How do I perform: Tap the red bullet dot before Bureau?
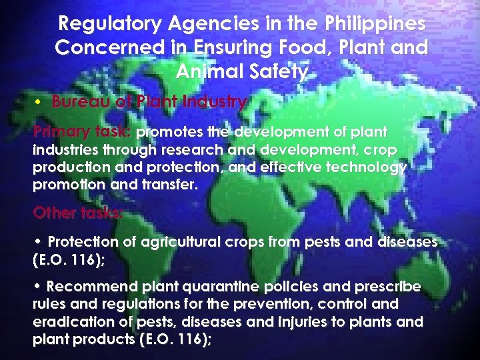click(40, 103)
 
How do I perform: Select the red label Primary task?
click(81, 132)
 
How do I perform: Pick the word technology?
click(370, 167)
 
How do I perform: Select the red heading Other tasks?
click(77, 214)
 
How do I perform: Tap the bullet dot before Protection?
click(38, 241)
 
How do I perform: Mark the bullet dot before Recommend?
click(38, 287)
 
